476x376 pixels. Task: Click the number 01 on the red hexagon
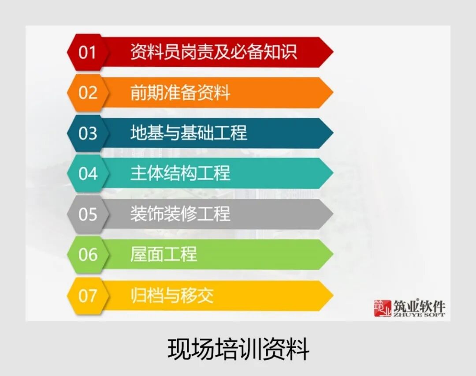[x=87, y=52]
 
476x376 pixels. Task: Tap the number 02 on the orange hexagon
[x=87, y=93]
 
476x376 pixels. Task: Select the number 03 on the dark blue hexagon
[x=87, y=133]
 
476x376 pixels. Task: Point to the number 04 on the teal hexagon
[x=87, y=173]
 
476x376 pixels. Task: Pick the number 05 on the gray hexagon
[x=87, y=214]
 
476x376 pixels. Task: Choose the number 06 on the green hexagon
[x=87, y=255]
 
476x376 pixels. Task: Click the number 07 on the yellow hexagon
[x=87, y=295]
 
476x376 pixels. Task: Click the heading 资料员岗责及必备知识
[x=213, y=52]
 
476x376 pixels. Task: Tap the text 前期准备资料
[x=180, y=93]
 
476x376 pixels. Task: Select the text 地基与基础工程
[x=188, y=133]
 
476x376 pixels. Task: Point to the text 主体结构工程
[x=180, y=173]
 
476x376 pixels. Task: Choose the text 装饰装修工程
[x=180, y=214]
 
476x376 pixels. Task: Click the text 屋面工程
[x=163, y=255]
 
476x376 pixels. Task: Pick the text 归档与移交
[x=171, y=295]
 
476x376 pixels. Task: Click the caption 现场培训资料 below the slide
[x=238, y=349]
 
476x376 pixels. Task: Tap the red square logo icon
[x=383, y=308]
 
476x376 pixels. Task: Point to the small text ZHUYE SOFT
[x=419, y=315]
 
